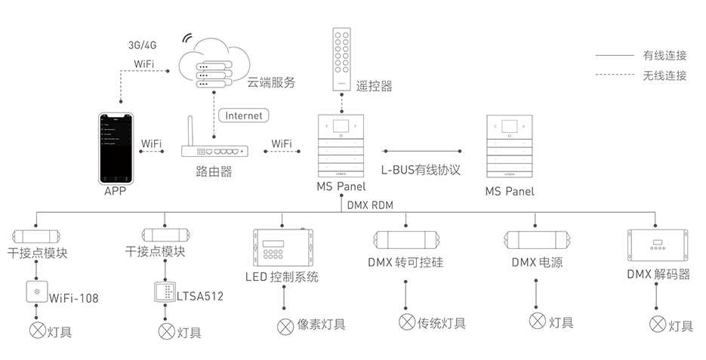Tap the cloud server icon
(208, 61)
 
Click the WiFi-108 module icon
(35, 291)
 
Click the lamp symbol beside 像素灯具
(285, 326)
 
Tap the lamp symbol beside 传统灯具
(407, 323)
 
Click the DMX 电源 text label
(536, 263)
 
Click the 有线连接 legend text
(664, 55)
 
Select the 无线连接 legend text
(664, 75)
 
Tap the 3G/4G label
(142, 45)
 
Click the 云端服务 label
(270, 82)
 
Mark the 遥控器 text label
(375, 86)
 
